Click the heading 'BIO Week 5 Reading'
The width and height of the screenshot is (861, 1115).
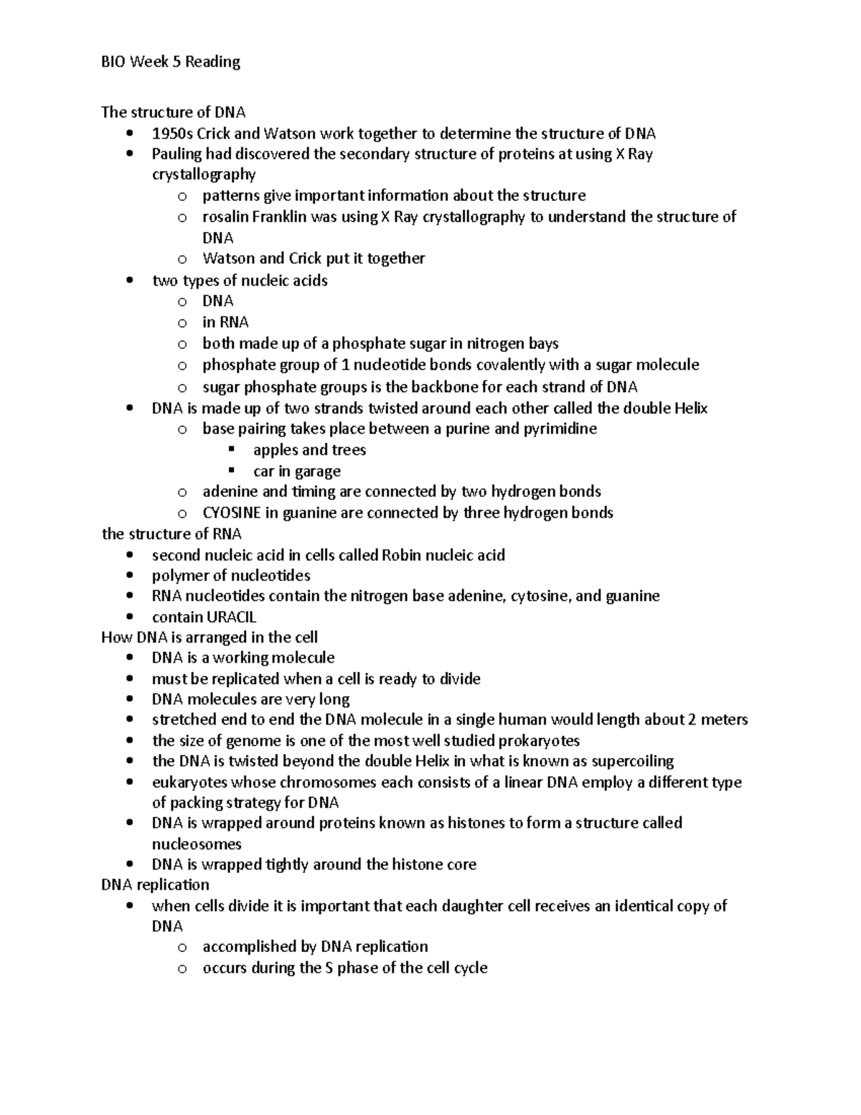point(171,62)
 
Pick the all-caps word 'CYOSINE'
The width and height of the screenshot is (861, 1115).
point(232,513)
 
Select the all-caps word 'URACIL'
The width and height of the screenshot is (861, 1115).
point(231,617)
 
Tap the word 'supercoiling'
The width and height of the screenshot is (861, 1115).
point(632,761)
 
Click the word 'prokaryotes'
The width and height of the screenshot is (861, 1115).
point(539,740)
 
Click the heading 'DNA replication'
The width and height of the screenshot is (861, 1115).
point(155,885)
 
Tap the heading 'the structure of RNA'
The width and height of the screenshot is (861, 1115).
point(171,534)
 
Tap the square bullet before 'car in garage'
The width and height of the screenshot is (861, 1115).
point(231,471)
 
